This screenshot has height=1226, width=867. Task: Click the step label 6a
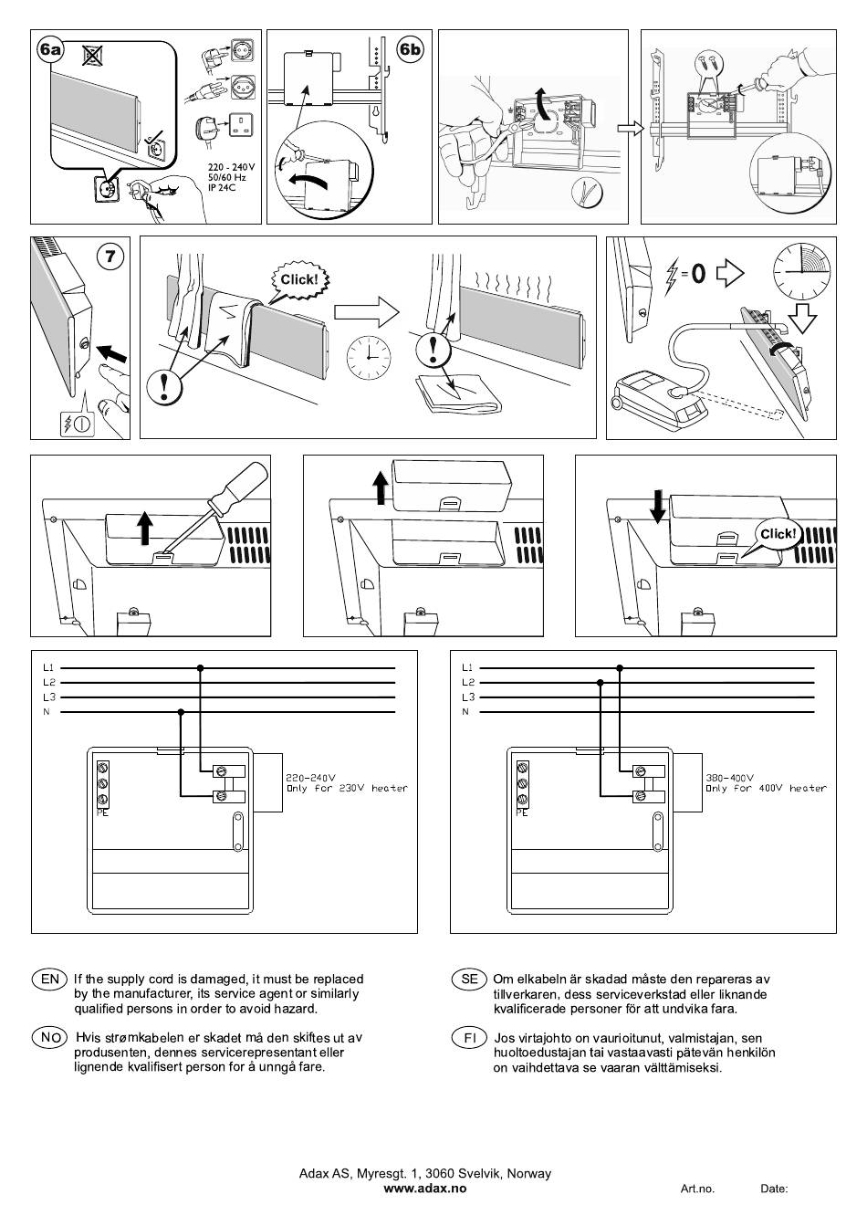click(51, 49)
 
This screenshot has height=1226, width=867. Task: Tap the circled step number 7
click(110, 256)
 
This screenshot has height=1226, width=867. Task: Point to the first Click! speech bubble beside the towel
click(299, 279)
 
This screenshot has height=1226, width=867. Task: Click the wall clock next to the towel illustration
click(368, 357)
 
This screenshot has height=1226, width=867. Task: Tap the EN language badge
click(50, 980)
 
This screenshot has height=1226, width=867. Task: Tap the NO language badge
click(50, 1038)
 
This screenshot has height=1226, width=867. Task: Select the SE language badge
click(469, 980)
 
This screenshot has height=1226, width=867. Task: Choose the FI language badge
click(469, 1038)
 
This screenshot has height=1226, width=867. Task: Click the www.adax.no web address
click(424, 1189)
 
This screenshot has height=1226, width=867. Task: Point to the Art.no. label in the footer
click(697, 1189)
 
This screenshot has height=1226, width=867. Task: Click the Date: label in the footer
click(774, 1189)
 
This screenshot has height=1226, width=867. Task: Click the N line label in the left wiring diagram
click(47, 712)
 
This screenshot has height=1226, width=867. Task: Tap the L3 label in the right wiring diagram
click(467, 697)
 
